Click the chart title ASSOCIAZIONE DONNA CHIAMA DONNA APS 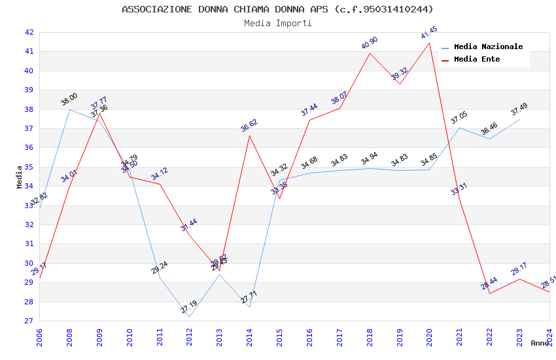click(x=277, y=9)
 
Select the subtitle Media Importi click(x=277, y=23)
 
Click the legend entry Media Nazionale click(x=488, y=46)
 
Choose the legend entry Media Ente click(x=477, y=59)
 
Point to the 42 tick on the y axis click(x=29, y=32)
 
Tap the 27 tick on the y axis click(x=29, y=321)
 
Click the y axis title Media click(x=20, y=177)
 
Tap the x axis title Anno click(x=540, y=343)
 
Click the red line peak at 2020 click(x=429, y=43)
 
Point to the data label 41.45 click(x=429, y=33)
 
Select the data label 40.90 click(x=370, y=43)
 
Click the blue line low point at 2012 click(x=189, y=317)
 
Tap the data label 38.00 click(x=69, y=99)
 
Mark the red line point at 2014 click(x=249, y=135)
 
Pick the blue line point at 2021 click(x=459, y=128)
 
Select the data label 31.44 click(x=189, y=225)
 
